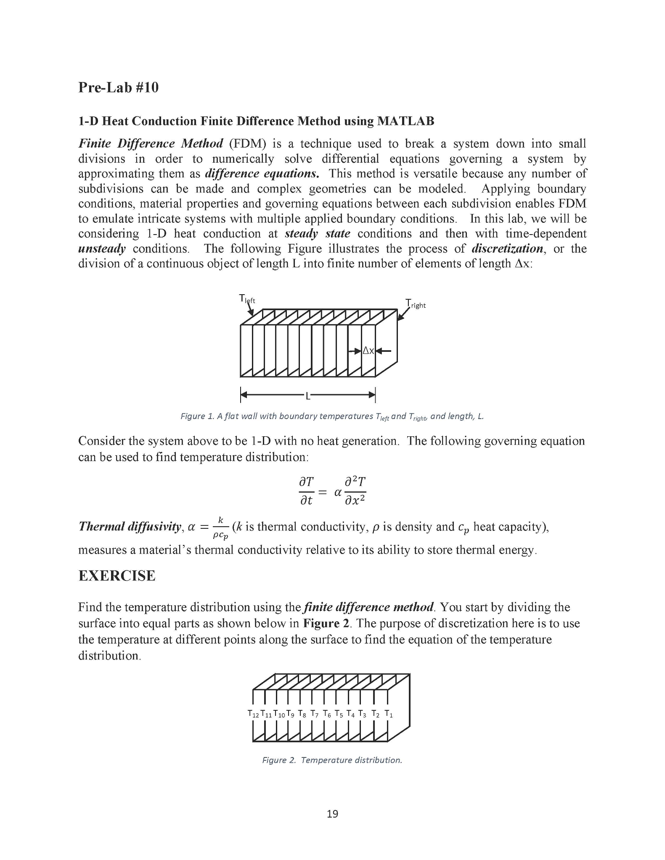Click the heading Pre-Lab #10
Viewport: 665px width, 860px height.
(118, 87)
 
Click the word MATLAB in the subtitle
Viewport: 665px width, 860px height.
(405, 121)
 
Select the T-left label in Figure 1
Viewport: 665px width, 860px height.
(247, 299)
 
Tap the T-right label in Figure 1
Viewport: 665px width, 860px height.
(416, 304)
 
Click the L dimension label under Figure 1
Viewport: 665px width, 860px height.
(307, 396)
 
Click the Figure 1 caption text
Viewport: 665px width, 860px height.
(332, 417)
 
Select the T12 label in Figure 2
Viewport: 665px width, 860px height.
(253, 714)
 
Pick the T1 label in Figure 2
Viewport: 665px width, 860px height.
(389, 714)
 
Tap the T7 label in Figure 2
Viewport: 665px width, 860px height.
(315, 714)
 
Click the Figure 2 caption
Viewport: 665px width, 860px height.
(332, 760)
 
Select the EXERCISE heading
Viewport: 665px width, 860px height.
(117, 576)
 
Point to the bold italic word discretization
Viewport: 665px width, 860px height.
(507, 248)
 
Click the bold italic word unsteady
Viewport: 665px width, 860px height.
(102, 248)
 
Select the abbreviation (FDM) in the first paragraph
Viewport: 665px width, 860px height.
(248, 144)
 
